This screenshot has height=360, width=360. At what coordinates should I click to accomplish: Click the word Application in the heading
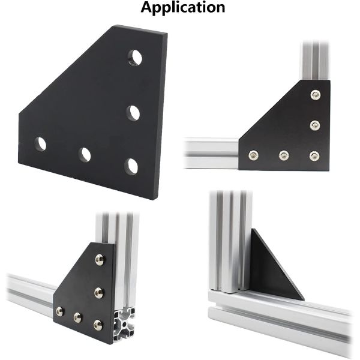pos(183,8)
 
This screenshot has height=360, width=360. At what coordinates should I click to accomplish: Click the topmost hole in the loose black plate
pos(136,58)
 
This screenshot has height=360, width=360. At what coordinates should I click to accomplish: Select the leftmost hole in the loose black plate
pos(40,143)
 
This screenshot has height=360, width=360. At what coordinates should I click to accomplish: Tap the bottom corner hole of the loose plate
pos(131,166)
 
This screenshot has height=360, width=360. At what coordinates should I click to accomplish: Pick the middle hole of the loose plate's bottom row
pos(85,155)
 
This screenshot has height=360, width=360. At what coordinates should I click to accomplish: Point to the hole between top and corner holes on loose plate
pos(133,112)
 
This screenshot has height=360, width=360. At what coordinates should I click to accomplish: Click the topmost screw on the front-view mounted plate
pos(316,94)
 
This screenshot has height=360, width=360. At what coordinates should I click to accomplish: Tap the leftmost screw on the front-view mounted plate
pos(253,155)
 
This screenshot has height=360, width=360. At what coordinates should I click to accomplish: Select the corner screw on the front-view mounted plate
pos(314,155)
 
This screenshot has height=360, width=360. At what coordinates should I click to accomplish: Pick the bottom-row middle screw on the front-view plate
pos(283,155)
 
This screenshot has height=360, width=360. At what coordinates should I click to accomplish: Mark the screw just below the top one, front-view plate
pos(315,125)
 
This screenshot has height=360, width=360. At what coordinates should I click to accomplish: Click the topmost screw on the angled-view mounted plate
pos(100,260)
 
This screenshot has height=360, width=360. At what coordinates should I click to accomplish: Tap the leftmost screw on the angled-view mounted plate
pos(59,311)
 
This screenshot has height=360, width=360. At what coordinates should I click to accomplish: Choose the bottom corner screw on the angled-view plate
pos(98,324)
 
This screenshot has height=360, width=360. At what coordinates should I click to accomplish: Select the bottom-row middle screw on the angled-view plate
pos(77,317)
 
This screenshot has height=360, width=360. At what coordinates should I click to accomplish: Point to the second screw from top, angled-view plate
pos(98,292)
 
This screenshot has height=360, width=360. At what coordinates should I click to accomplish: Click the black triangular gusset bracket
pos(273,270)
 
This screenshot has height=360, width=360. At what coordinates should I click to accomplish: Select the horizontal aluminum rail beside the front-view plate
pos(210,153)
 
